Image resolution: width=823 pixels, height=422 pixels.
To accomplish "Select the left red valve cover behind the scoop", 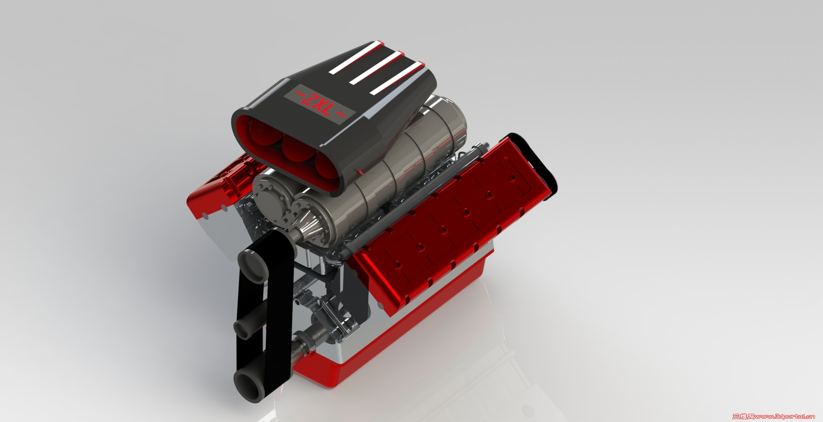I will point(214,193).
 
